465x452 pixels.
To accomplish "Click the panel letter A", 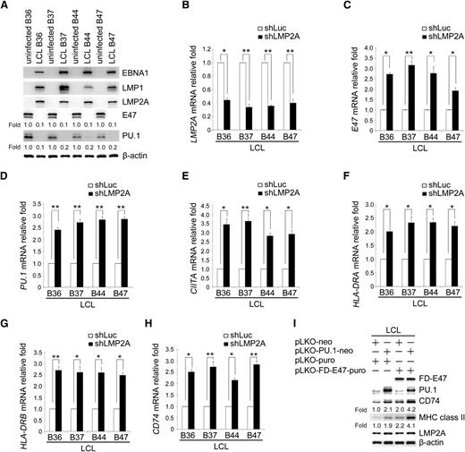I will point(6,7).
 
